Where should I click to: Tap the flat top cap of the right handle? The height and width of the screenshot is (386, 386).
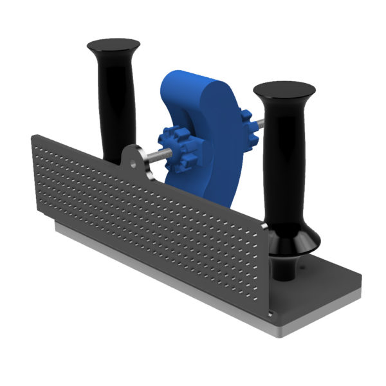pyautogui.click(x=284, y=89)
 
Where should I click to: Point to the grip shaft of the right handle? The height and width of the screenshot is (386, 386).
pyautogui.click(x=284, y=161)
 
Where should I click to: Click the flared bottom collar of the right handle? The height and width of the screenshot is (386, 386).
pyautogui.click(x=293, y=241)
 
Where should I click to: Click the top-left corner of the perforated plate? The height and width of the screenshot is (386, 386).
pyautogui.click(x=33, y=137)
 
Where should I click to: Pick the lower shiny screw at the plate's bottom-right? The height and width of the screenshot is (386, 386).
pyautogui.click(x=271, y=314)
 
